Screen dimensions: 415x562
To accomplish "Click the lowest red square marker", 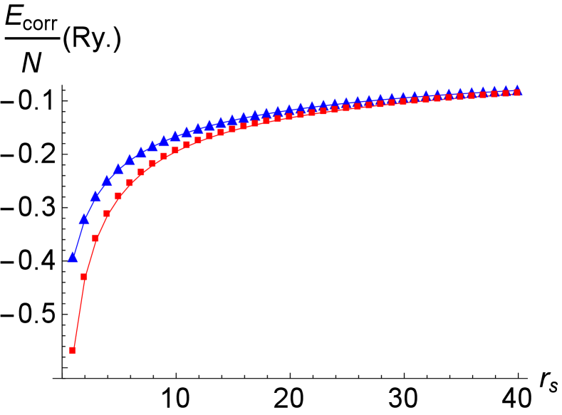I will (x=73, y=350).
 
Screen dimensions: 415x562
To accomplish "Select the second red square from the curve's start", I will (x=84, y=276).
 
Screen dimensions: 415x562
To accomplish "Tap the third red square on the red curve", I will (x=95, y=238).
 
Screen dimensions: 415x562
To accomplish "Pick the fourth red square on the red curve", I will (x=107, y=214).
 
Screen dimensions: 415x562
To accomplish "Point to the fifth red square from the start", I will (x=118, y=196).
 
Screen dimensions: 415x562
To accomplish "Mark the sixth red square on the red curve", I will (x=130, y=182).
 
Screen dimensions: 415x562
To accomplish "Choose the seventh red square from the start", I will (x=141, y=172).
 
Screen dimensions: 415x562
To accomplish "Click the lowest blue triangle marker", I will (x=73, y=257).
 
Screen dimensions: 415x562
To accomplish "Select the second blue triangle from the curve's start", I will (x=84, y=219).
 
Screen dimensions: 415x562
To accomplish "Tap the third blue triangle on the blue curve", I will (x=95, y=196).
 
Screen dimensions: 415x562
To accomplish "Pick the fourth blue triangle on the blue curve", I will (x=107, y=181).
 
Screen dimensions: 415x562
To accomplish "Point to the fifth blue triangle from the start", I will (x=118, y=169).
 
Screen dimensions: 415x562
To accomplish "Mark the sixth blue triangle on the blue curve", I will (x=130, y=159).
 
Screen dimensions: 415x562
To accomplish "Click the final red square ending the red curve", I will (x=517, y=93).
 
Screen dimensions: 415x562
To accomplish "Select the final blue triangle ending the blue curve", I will (x=517, y=90).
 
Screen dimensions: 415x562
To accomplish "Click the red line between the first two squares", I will (x=78, y=313).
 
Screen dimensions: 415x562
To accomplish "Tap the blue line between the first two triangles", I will (x=78, y=238).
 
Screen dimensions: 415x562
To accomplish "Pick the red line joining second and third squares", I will (x=90, y=257).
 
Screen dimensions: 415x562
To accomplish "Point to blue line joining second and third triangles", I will (x=90, y=208).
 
